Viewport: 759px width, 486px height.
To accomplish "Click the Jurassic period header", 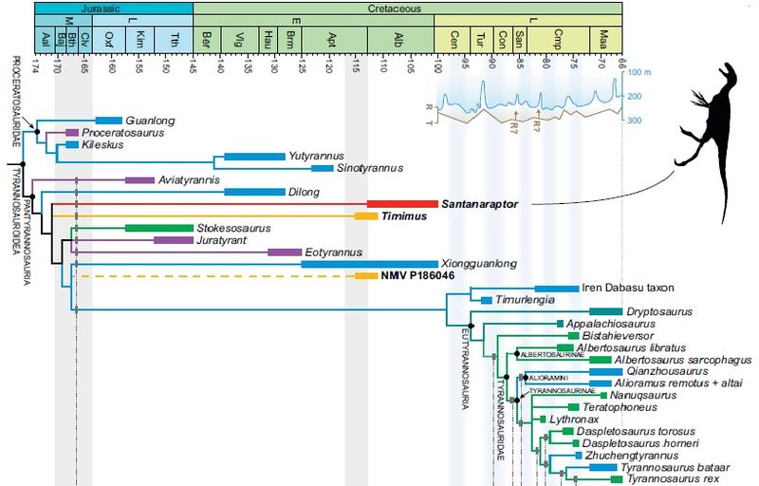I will point(113,8).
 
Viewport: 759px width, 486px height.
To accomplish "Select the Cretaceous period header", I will point(408,8).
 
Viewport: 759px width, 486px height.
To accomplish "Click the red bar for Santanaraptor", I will point(400,204).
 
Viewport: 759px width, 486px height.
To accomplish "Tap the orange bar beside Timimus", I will point(367,216).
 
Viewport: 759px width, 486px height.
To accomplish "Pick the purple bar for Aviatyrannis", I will point(139,179).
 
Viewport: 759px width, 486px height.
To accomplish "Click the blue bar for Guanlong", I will point(108,120).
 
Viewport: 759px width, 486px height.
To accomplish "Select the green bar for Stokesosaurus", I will point(158,228).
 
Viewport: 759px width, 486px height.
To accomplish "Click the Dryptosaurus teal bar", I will point(604,311).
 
